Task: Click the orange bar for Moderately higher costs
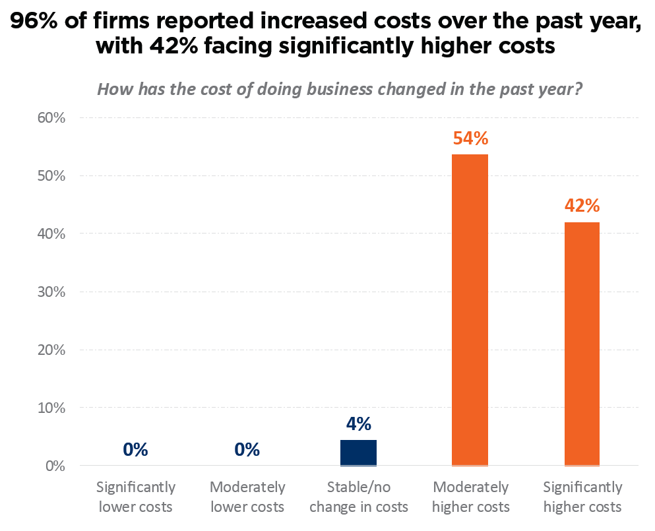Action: (470, 310)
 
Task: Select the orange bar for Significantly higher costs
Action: (582, 344)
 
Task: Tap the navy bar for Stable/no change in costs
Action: (358, 453)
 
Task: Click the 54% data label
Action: (470, 139)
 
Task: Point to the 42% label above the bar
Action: (582, 206)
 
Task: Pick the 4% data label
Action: (358, 423)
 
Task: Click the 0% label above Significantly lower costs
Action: (135, 450)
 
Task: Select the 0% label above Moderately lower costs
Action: (247, 450)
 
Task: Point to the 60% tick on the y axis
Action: (51, 118)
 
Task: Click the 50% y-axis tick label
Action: (51, 176)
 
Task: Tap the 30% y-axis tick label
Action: (51, 292)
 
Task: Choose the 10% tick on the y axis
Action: (51, 408)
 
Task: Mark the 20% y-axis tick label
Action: (51, 350)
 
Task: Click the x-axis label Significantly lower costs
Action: (136, 497)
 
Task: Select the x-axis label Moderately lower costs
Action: (247, 497)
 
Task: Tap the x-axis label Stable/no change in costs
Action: (359, 497)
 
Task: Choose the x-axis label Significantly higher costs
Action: (582, 497)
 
